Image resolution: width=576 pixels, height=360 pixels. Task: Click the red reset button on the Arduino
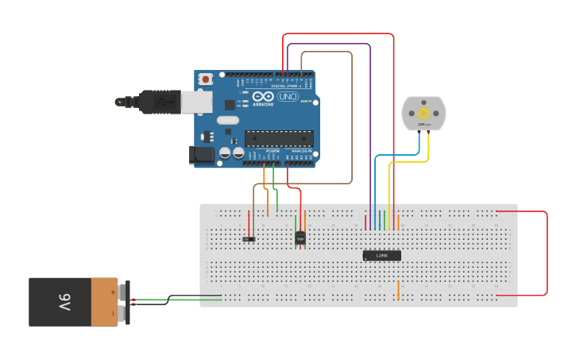point(206,79)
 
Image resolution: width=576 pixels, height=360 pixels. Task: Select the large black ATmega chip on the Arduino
point(278,137)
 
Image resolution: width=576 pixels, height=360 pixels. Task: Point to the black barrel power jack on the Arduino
point(203,155)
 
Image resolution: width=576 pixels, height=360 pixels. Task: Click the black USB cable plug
point(159,102)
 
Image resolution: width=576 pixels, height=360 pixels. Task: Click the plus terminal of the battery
point(124,292)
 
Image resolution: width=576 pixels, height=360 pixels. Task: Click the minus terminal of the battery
point(124,312)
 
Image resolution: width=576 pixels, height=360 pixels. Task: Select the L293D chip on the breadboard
point(381,255)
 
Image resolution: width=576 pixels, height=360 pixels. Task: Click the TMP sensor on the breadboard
point(300,237)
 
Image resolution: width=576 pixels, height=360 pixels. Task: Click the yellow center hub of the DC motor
point(423,114)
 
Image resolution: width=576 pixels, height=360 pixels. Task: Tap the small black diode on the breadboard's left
point(249,238)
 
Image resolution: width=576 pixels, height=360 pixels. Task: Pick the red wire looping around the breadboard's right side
point(547,254)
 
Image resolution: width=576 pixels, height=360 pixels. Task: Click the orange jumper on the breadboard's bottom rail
point(398,290)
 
